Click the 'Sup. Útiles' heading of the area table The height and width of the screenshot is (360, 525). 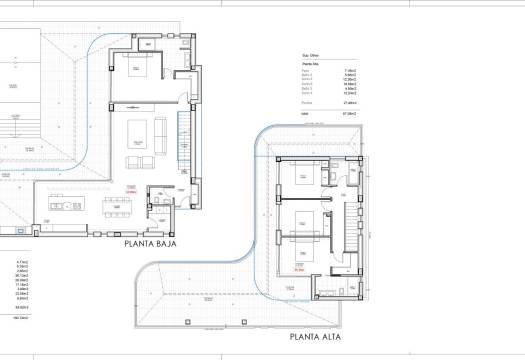coord(311,56)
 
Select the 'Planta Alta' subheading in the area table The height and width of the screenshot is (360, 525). coord(311,65)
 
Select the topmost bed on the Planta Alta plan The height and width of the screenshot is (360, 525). coord(299,177)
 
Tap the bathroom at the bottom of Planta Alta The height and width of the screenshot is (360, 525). coord(328,290)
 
